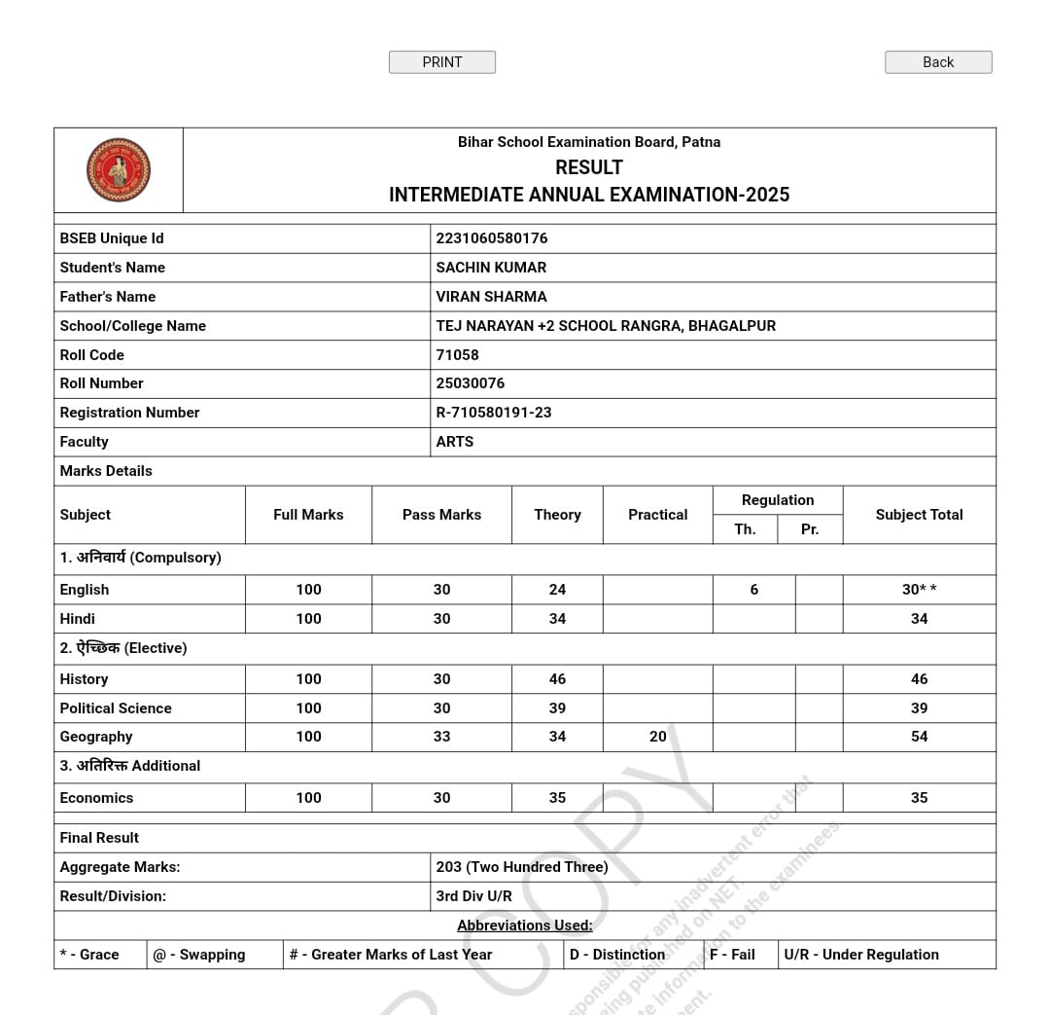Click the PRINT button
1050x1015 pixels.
pyautogui.click(x=441, y=62)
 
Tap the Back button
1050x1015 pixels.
pyautogui.click(x=938, y=62)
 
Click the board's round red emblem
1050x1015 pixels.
pyautogui.click(x=119, y=170)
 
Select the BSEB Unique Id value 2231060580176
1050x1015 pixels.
pyautogui.click(x=492, y=238)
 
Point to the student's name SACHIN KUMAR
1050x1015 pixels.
pyautogui.click(x=491, y=268)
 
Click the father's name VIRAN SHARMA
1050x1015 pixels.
pyautogui.click(x=491, y=297)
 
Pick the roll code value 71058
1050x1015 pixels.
pyautogui.click(x=457, y=355)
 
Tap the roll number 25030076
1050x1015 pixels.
pyautogui.click(x=471, y=383)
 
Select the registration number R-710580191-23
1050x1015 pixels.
pyautogui.click(x=494, y=413)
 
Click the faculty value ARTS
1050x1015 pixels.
pyautogui.click(x=455, y=442)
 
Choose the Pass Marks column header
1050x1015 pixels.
pyautogui.click(x=441, y=515)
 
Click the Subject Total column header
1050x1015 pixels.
pyautogui.click(x=919, y=515)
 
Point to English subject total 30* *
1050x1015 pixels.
pyautogui.click(x=919, y=590)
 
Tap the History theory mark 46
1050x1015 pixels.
pyautogui.click(x=557, y=679)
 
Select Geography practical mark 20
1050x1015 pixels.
pyautogui.click(x=658, y=737)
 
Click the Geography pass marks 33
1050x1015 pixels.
pyautogui.click(x=441, y=737)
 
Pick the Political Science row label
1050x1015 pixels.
pyautogui.click(x=116, y=708)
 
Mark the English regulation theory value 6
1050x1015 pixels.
pyautogui.click(x=753, y=590)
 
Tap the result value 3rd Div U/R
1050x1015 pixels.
pyautogui.click(x=473, y=896)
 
